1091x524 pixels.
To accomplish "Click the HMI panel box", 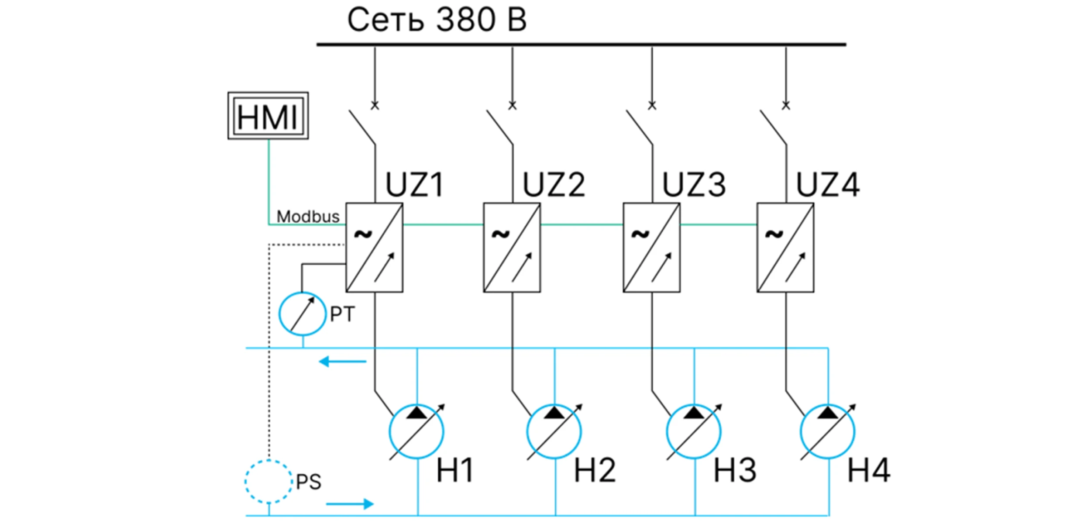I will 268,116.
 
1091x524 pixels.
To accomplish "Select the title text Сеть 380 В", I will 437,20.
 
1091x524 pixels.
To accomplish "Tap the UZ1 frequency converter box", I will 374,248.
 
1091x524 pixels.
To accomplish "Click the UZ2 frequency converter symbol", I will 512,248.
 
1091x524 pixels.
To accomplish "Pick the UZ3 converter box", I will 651,248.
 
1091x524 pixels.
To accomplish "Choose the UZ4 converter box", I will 785,248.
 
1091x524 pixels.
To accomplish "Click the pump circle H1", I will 416,432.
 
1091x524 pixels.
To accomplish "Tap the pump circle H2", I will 554,432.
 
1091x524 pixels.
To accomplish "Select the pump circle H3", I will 694,432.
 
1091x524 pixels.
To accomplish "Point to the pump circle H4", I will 828,432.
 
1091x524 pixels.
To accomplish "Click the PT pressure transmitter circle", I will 302,314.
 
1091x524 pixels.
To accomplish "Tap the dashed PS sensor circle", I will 268,482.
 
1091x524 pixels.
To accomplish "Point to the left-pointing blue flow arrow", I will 342,362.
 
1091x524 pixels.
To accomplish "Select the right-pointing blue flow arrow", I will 350,504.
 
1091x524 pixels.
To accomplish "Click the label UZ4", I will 828,185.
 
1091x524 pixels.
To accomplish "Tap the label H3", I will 735,471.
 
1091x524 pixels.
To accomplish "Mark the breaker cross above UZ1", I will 375,105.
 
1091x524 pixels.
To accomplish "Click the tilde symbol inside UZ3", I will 640,234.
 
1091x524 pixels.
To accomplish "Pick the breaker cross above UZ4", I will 786,105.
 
